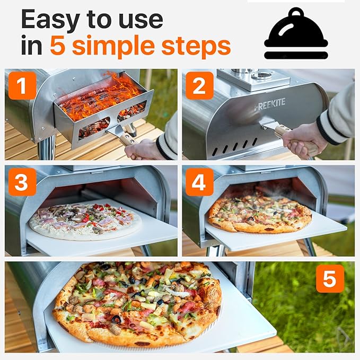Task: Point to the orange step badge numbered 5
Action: point(330,278)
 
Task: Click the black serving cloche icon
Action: point(296,34)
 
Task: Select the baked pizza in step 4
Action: point(260,213)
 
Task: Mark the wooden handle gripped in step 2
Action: point(283,131)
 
